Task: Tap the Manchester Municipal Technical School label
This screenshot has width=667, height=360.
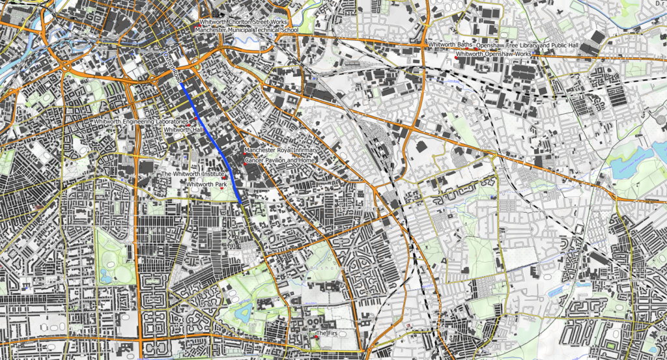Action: click(x=247, y=30)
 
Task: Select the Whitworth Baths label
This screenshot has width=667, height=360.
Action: click(x=451, y=45)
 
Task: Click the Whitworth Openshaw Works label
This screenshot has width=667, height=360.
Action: click(x=494, y=53)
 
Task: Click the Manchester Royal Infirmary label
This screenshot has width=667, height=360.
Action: click(x=281, y=151)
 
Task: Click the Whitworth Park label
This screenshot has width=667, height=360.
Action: click(x=206, y=185)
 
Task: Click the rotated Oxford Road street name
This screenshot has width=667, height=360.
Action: click(x=173, y=68)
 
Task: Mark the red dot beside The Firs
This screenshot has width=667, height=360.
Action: click(x=316, y=337)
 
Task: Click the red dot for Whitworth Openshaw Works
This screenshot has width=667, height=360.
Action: click(x=456, y=57)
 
